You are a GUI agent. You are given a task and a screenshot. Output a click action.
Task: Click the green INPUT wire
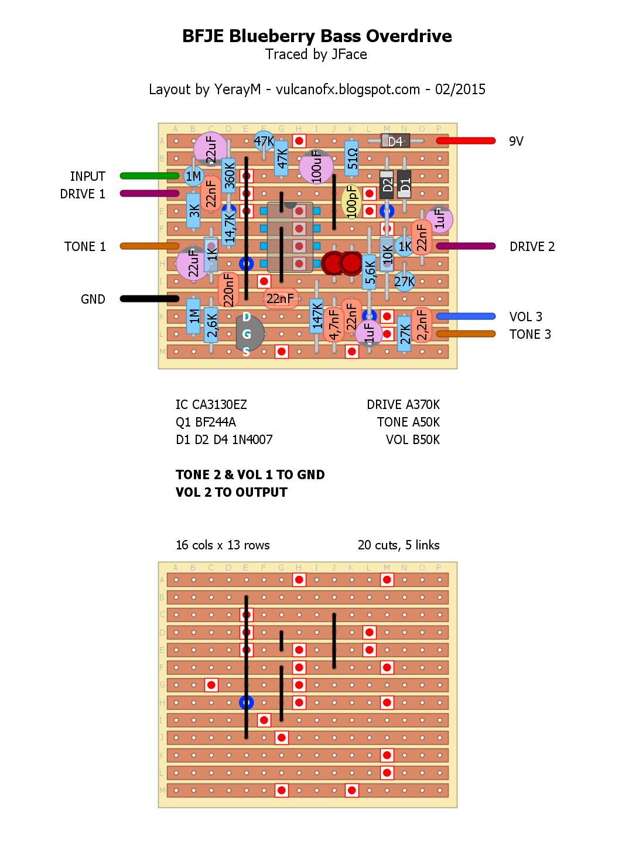coord(149,176)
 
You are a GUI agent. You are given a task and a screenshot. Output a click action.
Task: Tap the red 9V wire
coord(466,140)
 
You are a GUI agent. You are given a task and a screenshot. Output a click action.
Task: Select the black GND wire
coord(149,298)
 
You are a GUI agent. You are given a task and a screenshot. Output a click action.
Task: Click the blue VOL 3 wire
coord(466,316)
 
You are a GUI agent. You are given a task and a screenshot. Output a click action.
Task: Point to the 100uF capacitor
coord(316,166)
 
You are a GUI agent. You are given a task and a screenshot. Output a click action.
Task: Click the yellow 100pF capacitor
coord(351,201)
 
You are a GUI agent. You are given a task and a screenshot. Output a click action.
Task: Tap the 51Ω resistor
coord(351,158)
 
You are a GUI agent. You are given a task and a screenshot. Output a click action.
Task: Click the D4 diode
coord(395,141)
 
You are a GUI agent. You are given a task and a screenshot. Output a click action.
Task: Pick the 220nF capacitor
coord(228,290)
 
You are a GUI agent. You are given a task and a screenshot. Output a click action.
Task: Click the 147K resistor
coord(317,316)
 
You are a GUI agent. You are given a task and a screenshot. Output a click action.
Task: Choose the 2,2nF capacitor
coord(422,325)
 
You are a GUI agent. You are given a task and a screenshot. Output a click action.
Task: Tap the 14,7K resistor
coord(229,227)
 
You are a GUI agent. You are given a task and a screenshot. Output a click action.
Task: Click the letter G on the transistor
coord(247,334)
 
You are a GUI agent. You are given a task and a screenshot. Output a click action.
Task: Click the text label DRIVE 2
coord(532,246)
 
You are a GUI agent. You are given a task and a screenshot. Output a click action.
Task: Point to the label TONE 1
coord(85,246)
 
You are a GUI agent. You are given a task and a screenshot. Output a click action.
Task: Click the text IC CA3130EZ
coord(211,404)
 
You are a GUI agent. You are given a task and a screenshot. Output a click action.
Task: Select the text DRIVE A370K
coord(403,404)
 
